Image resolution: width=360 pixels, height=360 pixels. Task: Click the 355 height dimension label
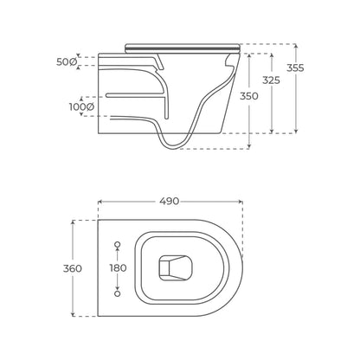[x=295, y=68]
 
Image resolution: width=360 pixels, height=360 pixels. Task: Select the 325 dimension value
[x=271, y=80]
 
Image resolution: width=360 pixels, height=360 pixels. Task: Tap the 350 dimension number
[x=249, y=96]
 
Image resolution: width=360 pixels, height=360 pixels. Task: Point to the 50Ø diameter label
[x=67, y=61]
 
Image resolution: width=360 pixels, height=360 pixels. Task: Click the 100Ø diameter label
[x=81, y=107]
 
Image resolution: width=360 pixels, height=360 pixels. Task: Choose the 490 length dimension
[x=170, y=201]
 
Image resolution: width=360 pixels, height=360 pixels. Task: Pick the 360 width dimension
[x=73, y=268]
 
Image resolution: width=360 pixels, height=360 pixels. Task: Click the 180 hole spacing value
[x=118, y=268]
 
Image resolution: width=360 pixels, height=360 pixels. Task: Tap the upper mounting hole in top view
[x=118, y=245]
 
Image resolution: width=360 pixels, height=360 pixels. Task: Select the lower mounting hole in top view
[x=118, y=293]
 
